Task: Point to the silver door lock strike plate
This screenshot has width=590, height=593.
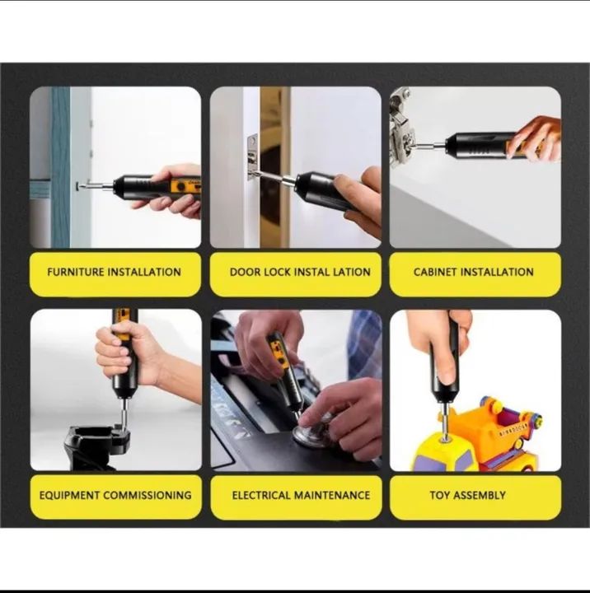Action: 252,157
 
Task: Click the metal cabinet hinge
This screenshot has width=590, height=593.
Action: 402,128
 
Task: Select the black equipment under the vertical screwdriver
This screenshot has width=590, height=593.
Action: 97,447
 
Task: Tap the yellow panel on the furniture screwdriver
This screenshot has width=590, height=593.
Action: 185,186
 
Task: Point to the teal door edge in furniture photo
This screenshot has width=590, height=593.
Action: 60,167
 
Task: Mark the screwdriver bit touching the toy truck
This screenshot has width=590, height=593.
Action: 445,422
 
